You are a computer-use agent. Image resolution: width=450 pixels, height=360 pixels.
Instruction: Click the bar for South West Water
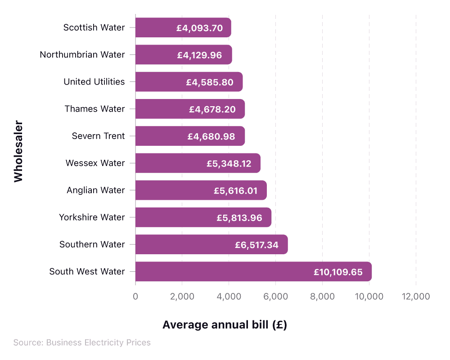pyautogui.click(x=253, y=271)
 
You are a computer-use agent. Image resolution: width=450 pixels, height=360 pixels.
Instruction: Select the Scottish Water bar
pyautogui.click(x=183, y=27)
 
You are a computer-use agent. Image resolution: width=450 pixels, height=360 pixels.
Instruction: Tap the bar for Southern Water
pyautogui.click(x=211, y=244)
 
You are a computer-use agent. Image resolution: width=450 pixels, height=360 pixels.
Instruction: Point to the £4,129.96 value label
pyautogui.click(x=199, y=55)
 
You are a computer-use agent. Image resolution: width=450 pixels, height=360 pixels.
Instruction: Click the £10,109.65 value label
pyautogui.click(x=338, y=272)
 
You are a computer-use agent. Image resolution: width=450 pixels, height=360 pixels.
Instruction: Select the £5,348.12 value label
pyautogui.click(x=229, y=163)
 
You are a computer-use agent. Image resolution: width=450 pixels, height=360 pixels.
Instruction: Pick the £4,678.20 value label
pyautogui.click(x=212, y=109)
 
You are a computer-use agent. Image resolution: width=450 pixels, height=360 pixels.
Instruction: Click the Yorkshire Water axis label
pyautogui.click(x=92, y=217)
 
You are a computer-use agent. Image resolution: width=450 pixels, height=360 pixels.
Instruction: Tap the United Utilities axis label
pyautogui.click(x=94, y=82)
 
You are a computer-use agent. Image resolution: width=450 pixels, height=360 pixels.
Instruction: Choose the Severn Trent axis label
pyautogui.click(x=98, y=136)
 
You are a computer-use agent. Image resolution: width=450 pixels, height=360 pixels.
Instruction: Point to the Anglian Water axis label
pyautogui.click(x=95, y=190)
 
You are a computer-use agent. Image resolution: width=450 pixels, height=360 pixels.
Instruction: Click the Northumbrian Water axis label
pyautogui.click(x=82, y=55)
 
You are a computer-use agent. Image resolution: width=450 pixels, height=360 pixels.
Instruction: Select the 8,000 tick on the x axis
pyautogui.click(x=323, y=297)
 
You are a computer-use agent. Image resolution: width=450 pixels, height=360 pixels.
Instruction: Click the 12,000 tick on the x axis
pyautogui.click(x=416, y=297)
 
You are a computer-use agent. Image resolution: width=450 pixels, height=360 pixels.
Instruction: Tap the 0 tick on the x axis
pyautogui.click(x=135, y=297)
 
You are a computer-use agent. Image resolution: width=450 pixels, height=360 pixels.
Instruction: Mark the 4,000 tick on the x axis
pyautogui.click(x=229, y=297)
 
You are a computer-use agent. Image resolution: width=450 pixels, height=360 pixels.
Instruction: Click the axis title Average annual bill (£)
pyautogui.click(x=225, y=325)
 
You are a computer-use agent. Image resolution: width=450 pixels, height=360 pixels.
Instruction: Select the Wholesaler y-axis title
pyautogui.click(x=18, y=151)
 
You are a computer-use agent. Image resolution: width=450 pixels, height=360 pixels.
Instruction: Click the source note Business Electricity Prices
pyautogui.click(x=82, y=343)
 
